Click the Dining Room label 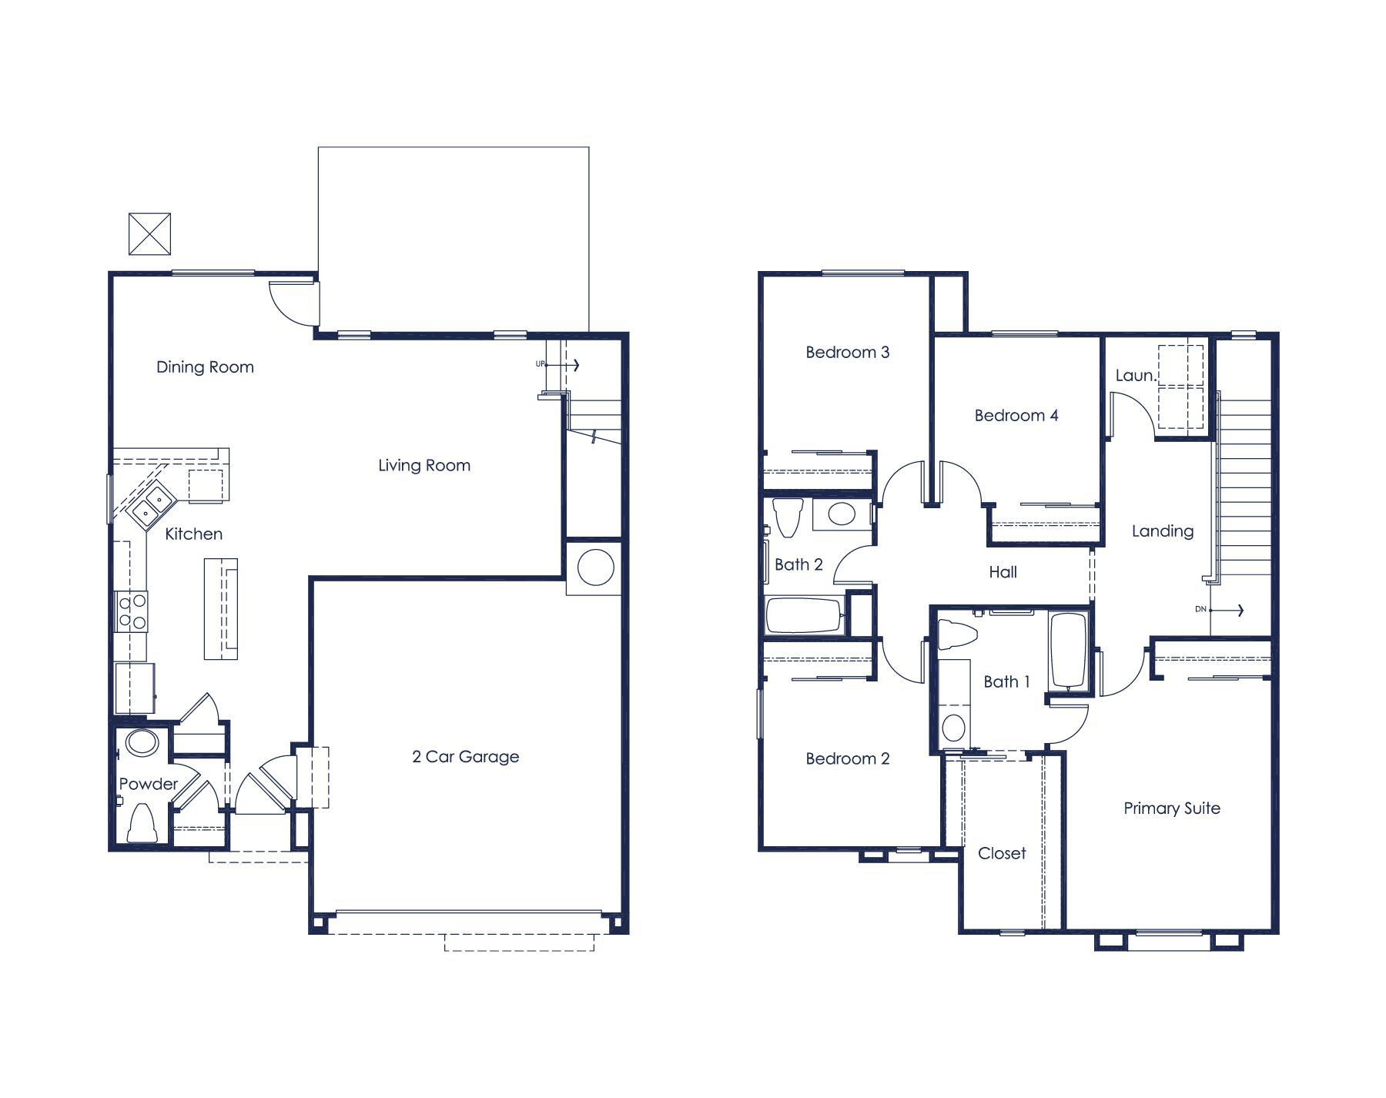(205, 367)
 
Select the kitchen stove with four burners (132, 611)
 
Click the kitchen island (220, 608)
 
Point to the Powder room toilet (142, 824)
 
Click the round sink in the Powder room (142, 743)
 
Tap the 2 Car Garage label (465, 757)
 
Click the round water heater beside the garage (595, 567)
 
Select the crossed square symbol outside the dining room (149, 234)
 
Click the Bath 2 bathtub (803, 615)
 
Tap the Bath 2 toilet (787, 516)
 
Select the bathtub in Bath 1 (1068, 649)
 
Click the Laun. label (1135, 376)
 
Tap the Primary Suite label (1171, 808)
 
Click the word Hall (1003, 572)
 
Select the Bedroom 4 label (1016, 416)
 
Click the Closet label (1001, 853)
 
